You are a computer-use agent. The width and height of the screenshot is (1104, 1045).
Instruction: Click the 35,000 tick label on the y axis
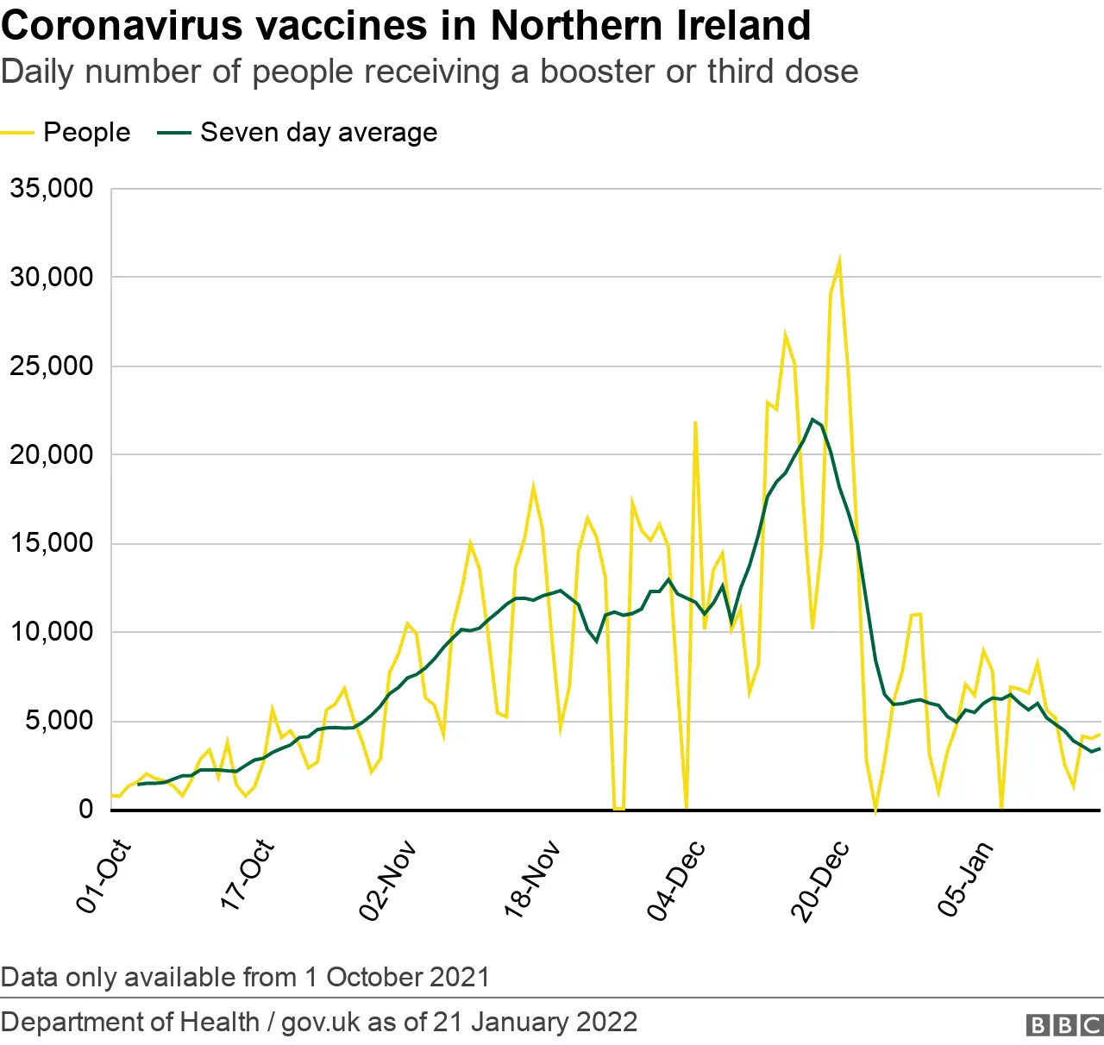point(52,188)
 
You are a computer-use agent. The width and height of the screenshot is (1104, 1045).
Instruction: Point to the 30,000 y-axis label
point(52,277)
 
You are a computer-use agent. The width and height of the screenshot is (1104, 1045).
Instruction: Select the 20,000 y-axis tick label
point(52,454)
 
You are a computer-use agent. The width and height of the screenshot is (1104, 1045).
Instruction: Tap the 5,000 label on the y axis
point(59,720)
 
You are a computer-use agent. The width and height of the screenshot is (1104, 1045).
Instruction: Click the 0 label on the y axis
point(85,809)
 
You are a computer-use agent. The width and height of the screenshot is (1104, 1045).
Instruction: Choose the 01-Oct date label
point(103,876)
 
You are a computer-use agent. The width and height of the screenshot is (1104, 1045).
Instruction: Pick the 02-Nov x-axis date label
point(388,880)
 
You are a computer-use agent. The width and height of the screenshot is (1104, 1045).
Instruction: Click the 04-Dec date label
point(676,880)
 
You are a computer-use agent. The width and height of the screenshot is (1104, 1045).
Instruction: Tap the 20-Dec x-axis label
point(820,880)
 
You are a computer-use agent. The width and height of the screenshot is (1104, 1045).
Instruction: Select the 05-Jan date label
point(965,879)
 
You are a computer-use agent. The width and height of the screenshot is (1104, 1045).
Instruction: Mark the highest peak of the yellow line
point(839,260)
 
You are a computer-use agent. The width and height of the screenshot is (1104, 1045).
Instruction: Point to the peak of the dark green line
point(812,419)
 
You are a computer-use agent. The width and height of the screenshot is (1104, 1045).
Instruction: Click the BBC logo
point(1064,1024)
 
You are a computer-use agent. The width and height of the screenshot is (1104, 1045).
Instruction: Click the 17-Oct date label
point(248,875)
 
